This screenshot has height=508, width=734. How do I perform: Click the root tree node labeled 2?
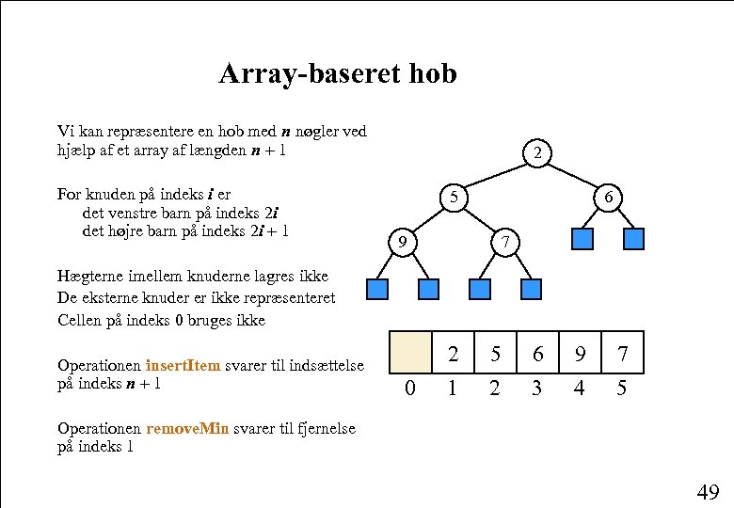pos(536,152)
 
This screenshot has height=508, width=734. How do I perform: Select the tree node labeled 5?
pos(455,198)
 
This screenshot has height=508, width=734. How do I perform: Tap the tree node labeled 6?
pos(610,198)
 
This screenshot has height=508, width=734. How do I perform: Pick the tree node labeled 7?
pos(506,243)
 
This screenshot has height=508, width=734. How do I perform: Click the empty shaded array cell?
pos(411,353)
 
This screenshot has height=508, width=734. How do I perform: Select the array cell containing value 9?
pos(580,354)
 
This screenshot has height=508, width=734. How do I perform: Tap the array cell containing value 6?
pos(537,354)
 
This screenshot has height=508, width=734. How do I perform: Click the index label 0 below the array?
pos(409,388)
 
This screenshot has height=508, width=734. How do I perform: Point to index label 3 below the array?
pos(537,388)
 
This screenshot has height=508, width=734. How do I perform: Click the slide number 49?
pos(708,491)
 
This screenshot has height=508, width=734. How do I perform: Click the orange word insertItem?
pos(183,365)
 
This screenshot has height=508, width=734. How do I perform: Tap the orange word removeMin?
pos(187,428)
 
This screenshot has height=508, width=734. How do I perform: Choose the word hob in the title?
pos(433,73)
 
